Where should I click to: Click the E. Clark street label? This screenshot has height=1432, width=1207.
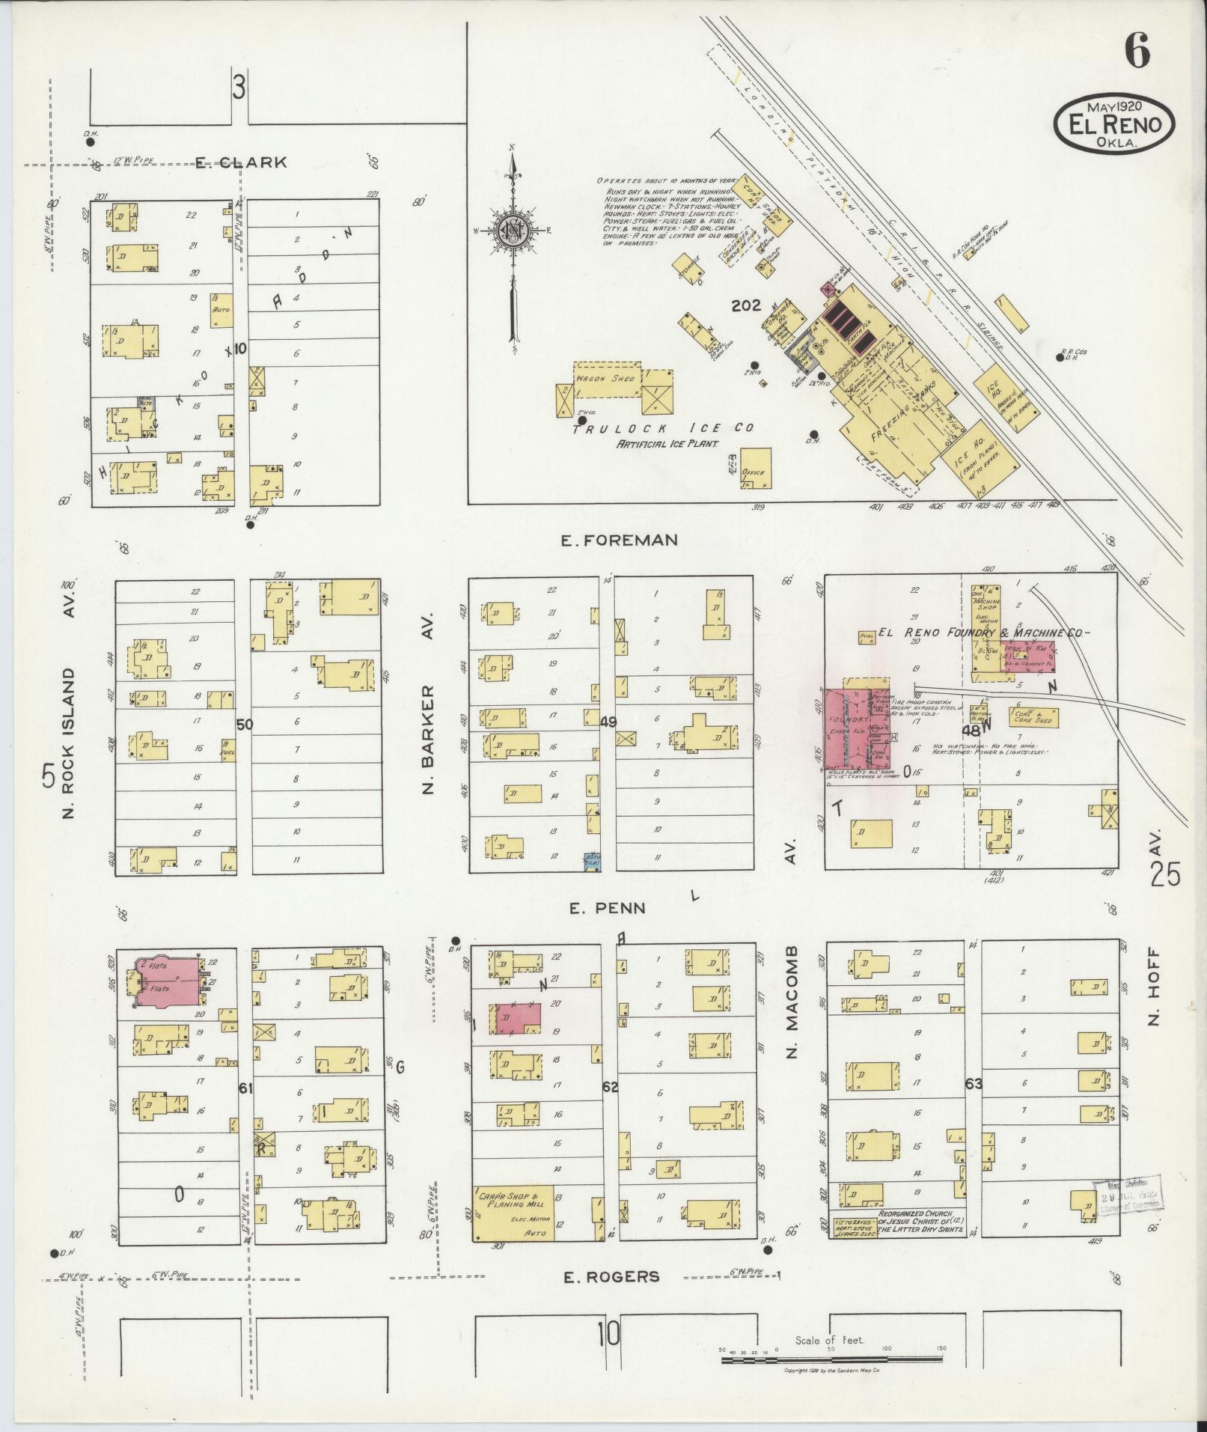(241, 162)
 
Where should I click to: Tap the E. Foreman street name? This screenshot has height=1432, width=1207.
(620, 540)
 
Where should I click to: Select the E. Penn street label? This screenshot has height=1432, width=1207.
(607, 909)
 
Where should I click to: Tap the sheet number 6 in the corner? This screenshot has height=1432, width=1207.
(1136, 53)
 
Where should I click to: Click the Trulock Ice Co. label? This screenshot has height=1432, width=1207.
(663, 429)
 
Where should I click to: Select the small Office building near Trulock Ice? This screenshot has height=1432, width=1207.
(755, 469)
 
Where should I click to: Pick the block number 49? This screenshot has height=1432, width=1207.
(608, 722)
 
